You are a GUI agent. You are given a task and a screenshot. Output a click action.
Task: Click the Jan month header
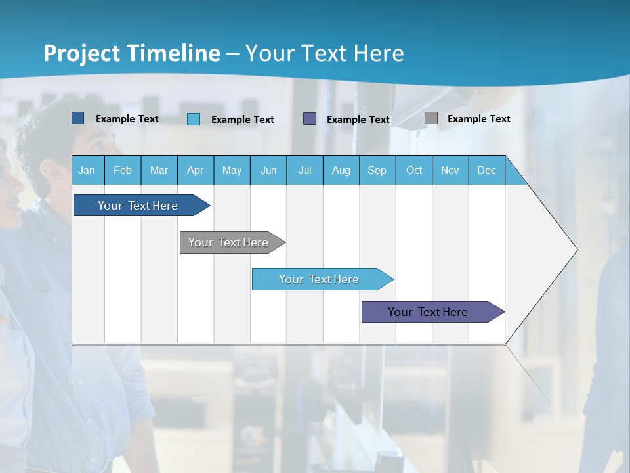[x=87, y=170]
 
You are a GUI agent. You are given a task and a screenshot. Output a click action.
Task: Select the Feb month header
[x=123, y=170]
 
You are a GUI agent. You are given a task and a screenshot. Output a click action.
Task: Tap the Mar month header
[x=159, y=170]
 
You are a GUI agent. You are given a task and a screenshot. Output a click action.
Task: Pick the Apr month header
[x=196, y=170]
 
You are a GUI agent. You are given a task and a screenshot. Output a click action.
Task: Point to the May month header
[x=232, y=170]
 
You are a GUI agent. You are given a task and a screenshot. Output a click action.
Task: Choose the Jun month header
[x=268, y=170]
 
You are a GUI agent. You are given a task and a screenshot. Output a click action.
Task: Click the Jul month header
[x=304, y=170]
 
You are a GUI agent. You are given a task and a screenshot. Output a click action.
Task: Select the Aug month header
[x=341, y=170]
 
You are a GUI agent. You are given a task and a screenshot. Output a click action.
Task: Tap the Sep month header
[x=377, y=170]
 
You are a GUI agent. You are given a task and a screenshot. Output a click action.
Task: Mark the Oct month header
[x=414, y=170]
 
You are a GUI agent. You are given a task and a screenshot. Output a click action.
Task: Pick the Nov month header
[x=450, y=170]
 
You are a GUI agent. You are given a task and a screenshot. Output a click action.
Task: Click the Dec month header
[x=487, y=170]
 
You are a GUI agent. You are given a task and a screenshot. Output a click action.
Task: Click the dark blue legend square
[x=78, y=118]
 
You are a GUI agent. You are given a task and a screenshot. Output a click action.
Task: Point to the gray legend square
[x=431, y=118]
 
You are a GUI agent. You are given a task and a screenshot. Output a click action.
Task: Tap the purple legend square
[x=310, y=119]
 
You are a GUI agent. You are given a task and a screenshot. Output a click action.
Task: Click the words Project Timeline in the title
[x=132, y=53]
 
